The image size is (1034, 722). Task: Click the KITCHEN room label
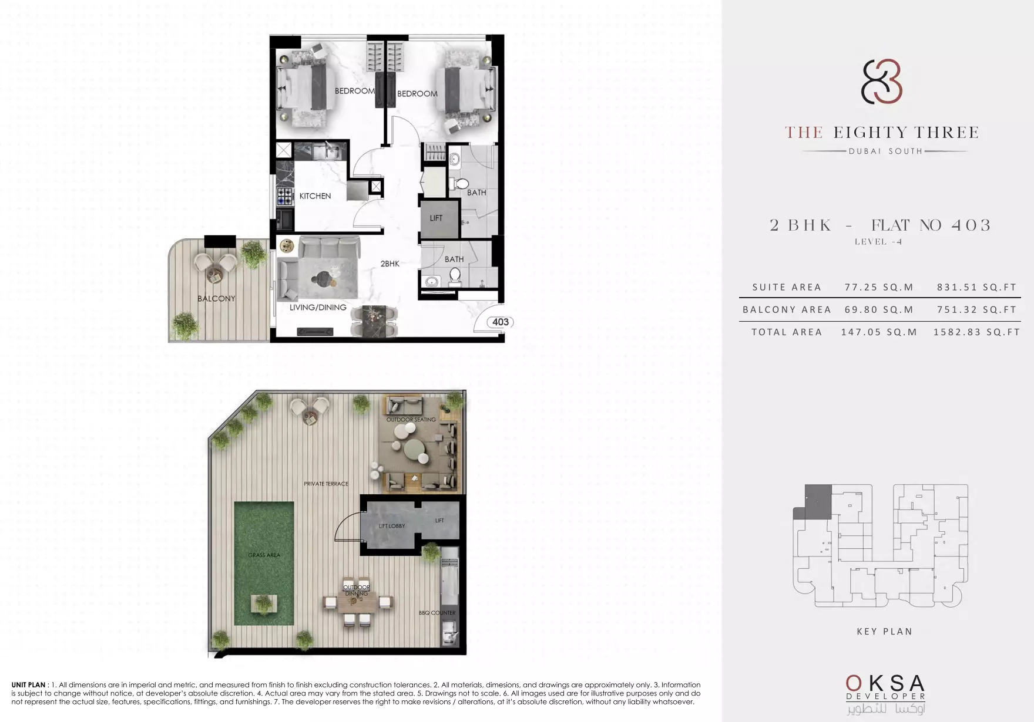click(x=315, y=196)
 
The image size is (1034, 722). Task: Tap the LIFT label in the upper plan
click(x=436, y=218)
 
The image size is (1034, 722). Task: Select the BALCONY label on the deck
click(x=216, y=299)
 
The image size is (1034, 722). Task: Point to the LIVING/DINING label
click(x=318, y=308)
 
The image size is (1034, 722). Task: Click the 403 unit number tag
click(x=501, y=322)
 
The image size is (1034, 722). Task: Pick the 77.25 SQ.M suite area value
click(x=879, y=288)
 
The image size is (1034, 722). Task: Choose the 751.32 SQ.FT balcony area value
click(x=976, y=310)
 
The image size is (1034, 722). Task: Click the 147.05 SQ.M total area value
click(x=879, y=332)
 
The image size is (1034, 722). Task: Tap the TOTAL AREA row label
click(x=787, y=332)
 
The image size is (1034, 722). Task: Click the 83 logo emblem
click(x=882, y=82)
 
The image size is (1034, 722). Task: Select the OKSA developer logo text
click(x=885, y=683)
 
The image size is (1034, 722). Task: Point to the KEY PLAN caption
click(x=884, y=632)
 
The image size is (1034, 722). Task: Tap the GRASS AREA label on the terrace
click(x=264, y=555)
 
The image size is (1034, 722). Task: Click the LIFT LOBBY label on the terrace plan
click(x=392, y=526)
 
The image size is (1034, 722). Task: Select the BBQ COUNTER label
click(x=437, y=613)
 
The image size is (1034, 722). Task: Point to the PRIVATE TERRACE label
click(x=326, y=484)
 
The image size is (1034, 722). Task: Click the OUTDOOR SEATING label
click(x=411, y=420)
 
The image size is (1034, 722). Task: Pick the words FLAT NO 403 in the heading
click(x=931, y=225)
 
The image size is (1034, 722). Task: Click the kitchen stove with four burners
click(x=285, y=197)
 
